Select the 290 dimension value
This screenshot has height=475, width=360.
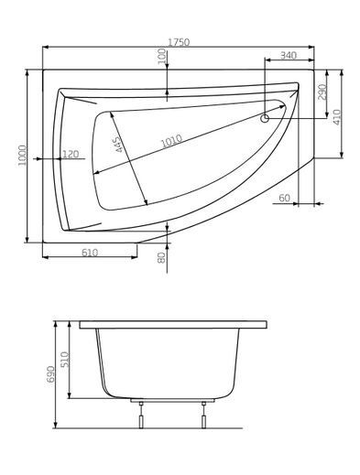pos(322,93)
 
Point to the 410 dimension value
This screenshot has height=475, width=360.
pos(338,117)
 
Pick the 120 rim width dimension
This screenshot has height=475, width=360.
pos(69,154)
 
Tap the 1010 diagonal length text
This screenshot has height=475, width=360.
pos(170,140)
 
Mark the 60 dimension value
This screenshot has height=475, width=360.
pos(284,198)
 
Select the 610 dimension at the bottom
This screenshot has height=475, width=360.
pos(90,252)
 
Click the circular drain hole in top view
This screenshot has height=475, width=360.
pos(266,117)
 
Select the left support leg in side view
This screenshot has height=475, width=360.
pos(140,416)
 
